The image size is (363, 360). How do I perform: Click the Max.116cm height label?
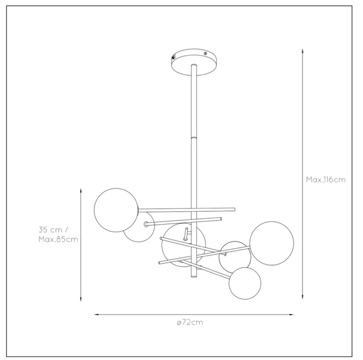pyautogui.click(x=326, y=180)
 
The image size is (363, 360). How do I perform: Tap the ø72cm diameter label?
pyautogui.click(x=190, y=322)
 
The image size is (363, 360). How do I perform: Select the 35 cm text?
pyautogui.click(x=50, y=230)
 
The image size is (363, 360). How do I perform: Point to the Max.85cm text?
pyautogui.click(x=58, y=239)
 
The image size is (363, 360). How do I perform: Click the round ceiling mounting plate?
pyautogui.click(x=194, y=62)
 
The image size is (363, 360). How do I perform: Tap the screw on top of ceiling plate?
pyautogui.click(x=205, y=54)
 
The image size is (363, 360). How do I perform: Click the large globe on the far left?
pyautogui.click(x=116, y=210)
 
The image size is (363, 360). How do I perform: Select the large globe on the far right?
pyautogui.click(x=272, y=243)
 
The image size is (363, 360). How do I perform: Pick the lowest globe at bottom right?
pyautogui.click(x=245, y=283)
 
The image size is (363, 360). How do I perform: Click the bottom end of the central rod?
pyautogui.click(x=194, y=276)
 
